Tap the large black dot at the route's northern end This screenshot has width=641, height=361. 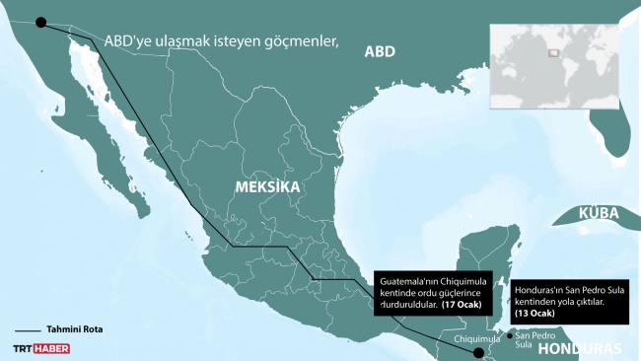click(40, 24)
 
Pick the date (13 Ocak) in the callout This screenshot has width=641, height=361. click(535, 313)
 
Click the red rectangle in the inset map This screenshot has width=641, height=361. click(551, 52)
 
